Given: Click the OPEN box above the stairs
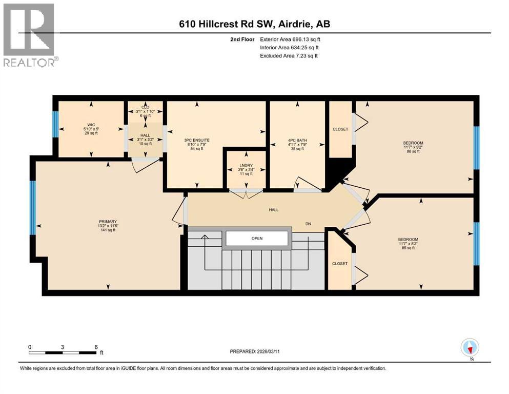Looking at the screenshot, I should point(257,238).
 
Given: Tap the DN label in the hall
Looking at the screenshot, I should point(308,224).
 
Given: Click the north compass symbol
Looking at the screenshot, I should point(470,348).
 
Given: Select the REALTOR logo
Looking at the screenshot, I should point(30,35).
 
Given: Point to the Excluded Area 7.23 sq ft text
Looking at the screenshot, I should point(289,55).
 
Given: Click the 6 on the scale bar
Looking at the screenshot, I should point(96,346).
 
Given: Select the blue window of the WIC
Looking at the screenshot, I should point(55,124).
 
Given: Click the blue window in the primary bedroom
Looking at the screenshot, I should point(33,207).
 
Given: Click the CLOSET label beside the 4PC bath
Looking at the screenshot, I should point(339,129).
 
